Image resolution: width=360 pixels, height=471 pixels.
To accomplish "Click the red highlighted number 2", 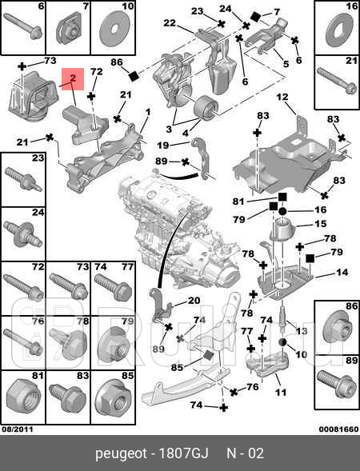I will pyautogui.click(x=72, y=78).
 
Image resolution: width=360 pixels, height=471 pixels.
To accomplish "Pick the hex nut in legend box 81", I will pyautogui.click(x=23, y=392).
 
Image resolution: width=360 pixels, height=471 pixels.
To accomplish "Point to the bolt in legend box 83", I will pyautogui.click(x=66, y=393).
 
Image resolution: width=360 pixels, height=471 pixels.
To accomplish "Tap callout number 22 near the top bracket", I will pyautogui.click(x=169, y=22).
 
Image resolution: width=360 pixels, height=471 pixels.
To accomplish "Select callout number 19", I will pyautogui.click(x=162, y=145).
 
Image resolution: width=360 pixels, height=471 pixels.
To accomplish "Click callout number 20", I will pyautogui.click(x=194, y=301).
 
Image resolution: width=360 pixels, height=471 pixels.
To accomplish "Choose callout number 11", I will pyautogui.click(x=280, y=393).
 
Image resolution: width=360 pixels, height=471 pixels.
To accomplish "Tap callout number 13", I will pyautogui.click(x=301, y=329).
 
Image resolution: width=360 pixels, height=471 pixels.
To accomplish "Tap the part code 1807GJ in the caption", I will pyautogui.click(x=185, y=453).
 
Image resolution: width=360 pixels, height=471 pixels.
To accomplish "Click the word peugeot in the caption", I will pyautogui.click(x=118, y=453).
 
